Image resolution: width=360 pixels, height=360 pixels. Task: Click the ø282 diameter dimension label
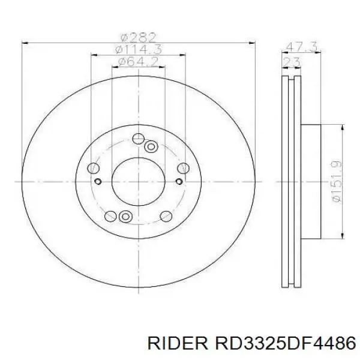pyautogui.click(x=139, y=37)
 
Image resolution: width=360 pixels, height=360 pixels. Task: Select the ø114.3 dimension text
pyautogui.click(x=139, y=50)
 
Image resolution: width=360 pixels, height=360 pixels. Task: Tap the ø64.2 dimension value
pyautogui.click(x=138, y=62)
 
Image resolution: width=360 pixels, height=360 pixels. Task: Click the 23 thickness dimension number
pyautogui.click(x=292, y=62)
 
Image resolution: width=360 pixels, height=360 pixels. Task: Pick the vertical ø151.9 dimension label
pyautogui.click(x=337, y=182)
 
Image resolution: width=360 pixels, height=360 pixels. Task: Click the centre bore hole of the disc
pyautogui.click(x=139, y=182)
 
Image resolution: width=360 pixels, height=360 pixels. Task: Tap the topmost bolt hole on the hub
pyautogui.click(x=139, y=139)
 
